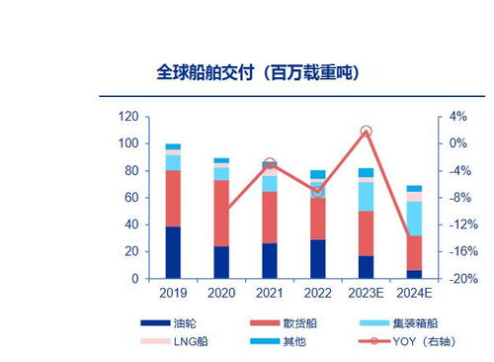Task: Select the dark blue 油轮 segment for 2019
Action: coord(173,252)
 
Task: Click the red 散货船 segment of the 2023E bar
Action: coord(366,233)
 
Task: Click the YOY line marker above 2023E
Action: coord(366,132)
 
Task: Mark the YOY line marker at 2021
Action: coord(270,164)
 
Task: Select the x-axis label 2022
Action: coord(317,294)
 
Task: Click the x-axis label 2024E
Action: coord(414,294)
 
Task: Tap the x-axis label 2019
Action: coord(173,294)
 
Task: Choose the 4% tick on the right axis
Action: coord(457,117)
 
